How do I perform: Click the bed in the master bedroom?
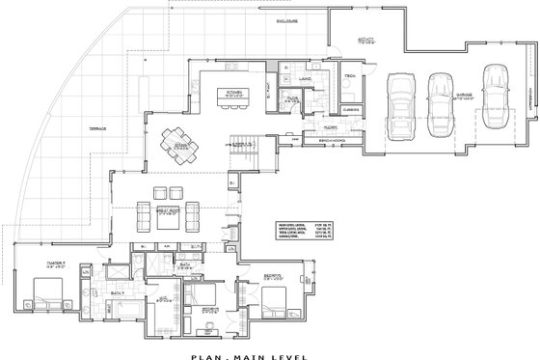point(47,290)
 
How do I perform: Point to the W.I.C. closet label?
point(162,299)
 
